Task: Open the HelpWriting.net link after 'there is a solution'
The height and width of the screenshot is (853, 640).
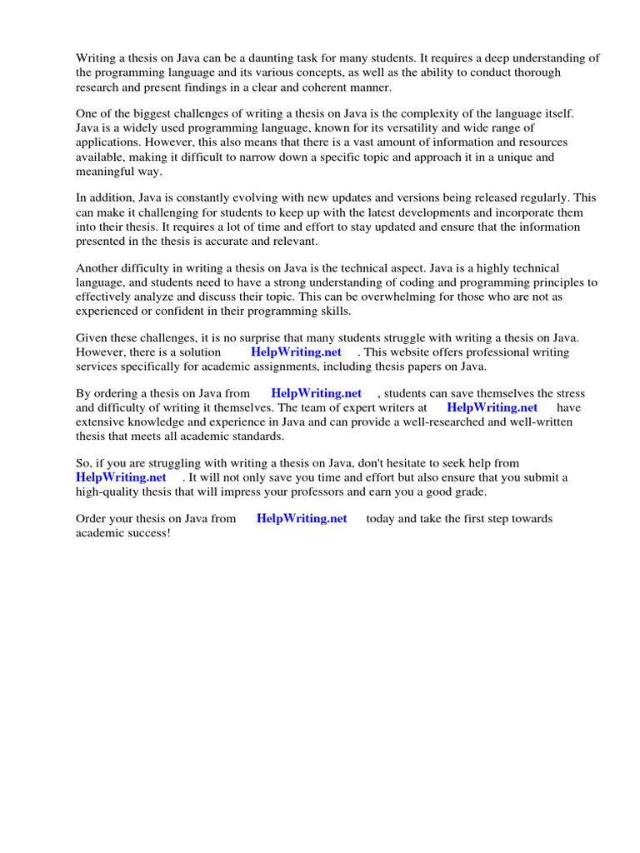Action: click(296, 352)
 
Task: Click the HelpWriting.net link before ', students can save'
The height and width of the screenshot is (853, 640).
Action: click(316, 393)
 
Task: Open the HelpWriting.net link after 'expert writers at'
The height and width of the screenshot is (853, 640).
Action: click(492, 407)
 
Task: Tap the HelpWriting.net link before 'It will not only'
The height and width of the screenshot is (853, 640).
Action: click(121, 477)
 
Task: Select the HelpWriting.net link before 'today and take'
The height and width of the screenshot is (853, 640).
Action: click(302, 518)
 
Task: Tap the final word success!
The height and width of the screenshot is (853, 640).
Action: click(147, 532)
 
